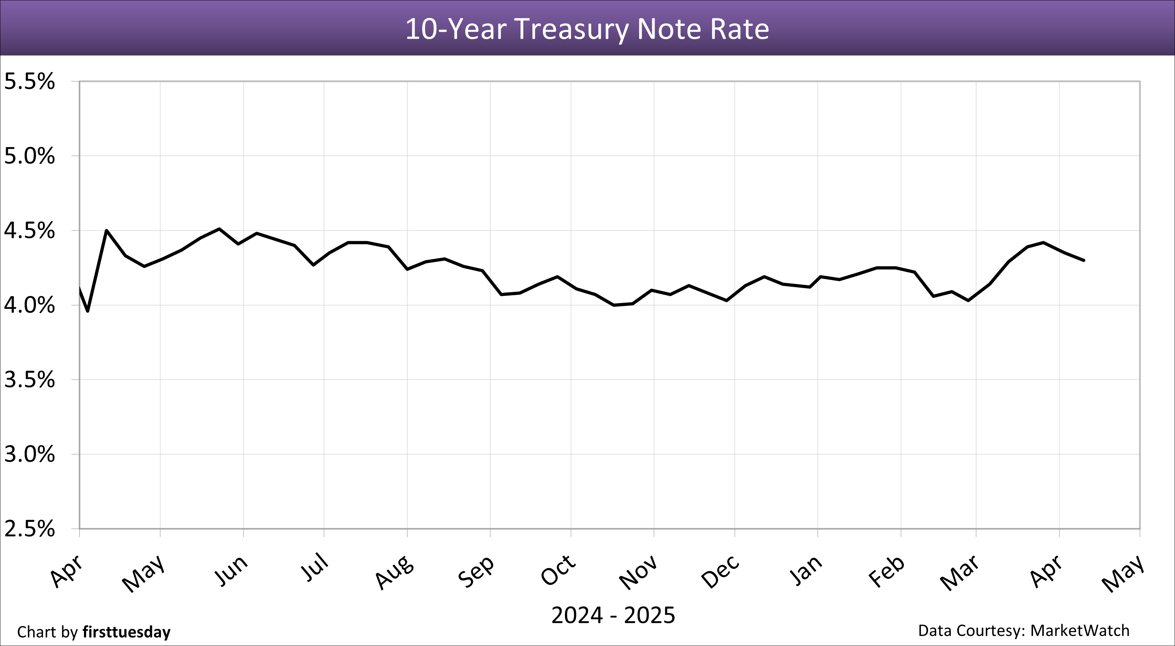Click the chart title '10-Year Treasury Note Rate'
click(x=587, y=29)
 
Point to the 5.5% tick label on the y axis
click(x=29, y=82)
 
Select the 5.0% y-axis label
click(x=29, y=157)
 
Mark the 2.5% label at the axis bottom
click(x=29, y=529)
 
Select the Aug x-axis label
click(x=394, y=572)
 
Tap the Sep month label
click(x=476, y=572)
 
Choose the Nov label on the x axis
click(x=638, y=572)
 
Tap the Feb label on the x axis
click(x=886, y=572)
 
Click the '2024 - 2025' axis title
click(x=613, y=615)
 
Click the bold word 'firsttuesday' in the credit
click(x=126, y=632)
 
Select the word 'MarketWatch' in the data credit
click(x=1080, y=630)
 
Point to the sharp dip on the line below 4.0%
click(x=88, y=311)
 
